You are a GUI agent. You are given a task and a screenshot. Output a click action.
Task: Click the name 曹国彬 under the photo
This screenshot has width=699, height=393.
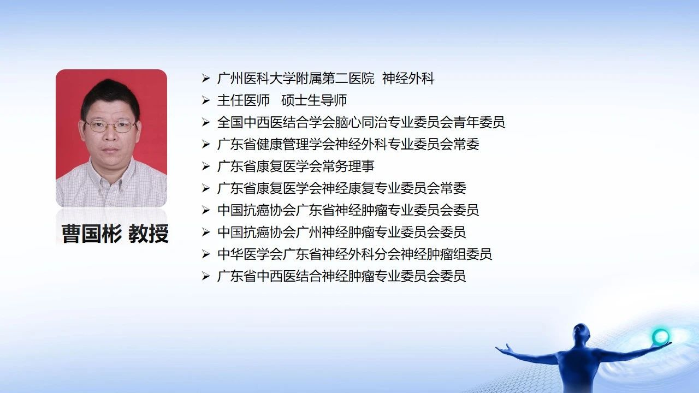[x=91, y=233]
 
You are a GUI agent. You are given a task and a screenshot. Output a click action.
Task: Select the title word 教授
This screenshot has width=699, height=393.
[x=149, y=233]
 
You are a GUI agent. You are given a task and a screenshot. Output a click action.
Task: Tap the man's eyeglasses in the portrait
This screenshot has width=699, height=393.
[x=110, y=126]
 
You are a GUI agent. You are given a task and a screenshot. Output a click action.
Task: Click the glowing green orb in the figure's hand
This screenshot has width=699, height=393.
[x=661, y=337]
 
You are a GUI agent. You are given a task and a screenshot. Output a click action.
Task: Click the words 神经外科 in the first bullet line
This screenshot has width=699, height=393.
[x=408, y=78]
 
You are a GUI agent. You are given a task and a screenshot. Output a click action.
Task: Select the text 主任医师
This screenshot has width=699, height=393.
[x=244, y=100]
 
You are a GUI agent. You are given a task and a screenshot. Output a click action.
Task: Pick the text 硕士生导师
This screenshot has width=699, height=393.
[x=314, y=100]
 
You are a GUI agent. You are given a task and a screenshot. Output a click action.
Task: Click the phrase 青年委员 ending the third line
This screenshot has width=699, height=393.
[x=479, y=122]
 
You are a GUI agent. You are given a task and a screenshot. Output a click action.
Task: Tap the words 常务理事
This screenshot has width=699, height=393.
[x=348, y=166]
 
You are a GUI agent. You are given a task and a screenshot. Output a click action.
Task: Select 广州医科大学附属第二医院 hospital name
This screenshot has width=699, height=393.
[x=296, y=78]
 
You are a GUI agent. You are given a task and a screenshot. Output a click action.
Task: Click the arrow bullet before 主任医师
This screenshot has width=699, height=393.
[x=206, y=100]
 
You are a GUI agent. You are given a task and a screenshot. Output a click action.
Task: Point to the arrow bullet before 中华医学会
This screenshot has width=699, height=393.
[x=206, y=254]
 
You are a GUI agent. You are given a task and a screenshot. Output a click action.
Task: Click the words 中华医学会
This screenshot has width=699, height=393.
[x=250, y=254]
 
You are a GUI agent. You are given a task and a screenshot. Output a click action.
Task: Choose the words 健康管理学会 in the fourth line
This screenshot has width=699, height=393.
[x=295, y=145]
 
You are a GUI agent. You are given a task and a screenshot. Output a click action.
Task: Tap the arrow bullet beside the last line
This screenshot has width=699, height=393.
[x=206, y=276]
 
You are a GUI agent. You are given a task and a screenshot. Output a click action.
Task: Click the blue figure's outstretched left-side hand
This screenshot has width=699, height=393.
[x=503, y=349]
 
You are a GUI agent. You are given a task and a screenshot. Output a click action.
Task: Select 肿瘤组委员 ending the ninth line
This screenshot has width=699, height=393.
[x=459, y=254]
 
